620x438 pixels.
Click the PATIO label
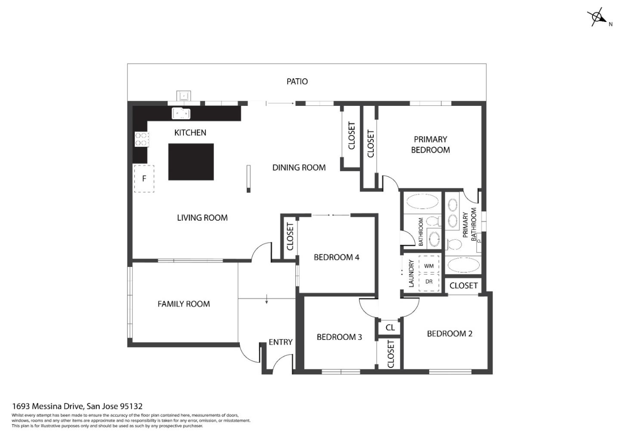tap(297, 82)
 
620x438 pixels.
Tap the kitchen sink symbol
tap(181, 113)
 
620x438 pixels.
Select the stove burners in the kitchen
tap(142, 139)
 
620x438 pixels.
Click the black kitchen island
tap(191, 162)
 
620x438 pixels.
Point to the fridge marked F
tap(144, 179)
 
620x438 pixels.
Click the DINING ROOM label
tap(299, 167)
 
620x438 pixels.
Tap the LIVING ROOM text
tap(202, 218)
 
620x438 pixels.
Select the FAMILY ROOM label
tap(184, 304)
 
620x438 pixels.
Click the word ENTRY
tap(281, 342)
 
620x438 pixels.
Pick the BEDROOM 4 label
tap(337, 257)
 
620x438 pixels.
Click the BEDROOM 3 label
tap(339, 337)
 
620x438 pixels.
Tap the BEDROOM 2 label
tap(450, 334)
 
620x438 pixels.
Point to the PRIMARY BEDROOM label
tap(431, 145)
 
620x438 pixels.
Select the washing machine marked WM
tap(429, 266)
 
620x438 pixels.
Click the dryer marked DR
tap(429, 282)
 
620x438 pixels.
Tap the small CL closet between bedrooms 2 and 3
tap(390, 328)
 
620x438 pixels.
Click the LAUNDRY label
tap(411, 273)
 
